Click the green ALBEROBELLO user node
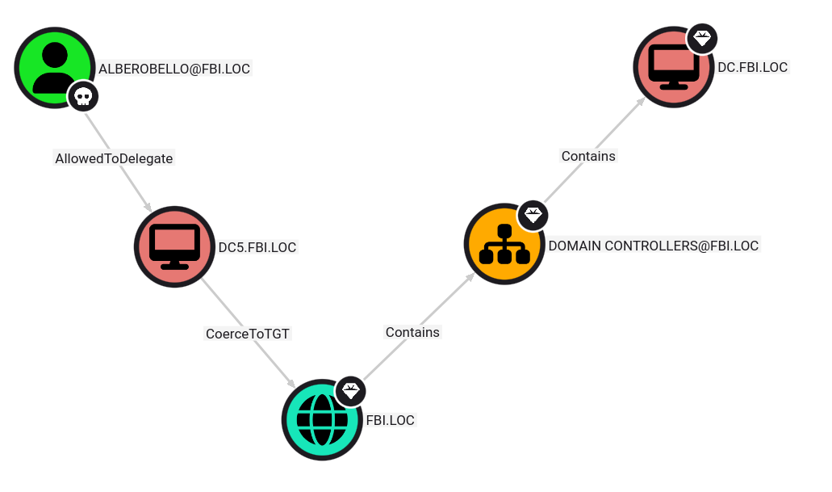coord(55,68)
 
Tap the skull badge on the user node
coord(83,97)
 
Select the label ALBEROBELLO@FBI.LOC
coord(174,69)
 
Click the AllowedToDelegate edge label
coord(114,159)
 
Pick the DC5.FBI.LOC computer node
coord(174,247)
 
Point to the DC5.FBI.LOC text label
coord(257,247)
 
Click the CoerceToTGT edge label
coord(248,334)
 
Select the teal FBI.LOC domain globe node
coord(322,420)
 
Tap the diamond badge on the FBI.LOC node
coord(351,392)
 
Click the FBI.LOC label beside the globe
coord(390,420)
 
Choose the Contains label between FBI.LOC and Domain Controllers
coord(413,332)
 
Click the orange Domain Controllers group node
coord(504,244)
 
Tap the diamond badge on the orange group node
coord(533,215)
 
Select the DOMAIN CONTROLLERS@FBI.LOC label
coord(653,246)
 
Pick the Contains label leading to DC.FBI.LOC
coord(588,156)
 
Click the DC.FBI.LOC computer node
coord(674,67)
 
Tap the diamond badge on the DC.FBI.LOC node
coord(702,39)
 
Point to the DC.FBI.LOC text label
coord(752,68)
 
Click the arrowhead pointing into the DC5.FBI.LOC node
coord(148,207)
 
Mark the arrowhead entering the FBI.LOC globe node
coord(291,383)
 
